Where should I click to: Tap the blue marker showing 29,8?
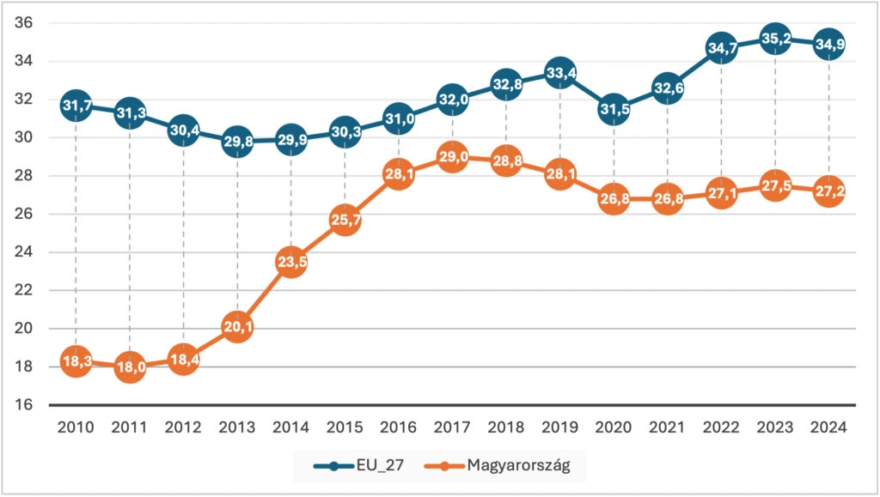(237, 142)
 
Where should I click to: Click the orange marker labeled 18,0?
(129, 367)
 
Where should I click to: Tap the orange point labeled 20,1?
(237, 327)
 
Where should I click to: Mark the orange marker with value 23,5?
(291, 262)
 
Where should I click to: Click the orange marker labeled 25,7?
(345, 220)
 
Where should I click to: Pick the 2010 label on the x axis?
(76, 427)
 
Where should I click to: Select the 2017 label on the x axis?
(452, 427)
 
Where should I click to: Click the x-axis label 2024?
(829, 427)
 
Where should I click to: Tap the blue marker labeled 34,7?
(722, 48)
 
